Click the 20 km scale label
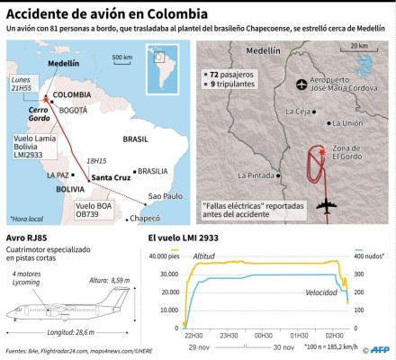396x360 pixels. click(358, 45)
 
